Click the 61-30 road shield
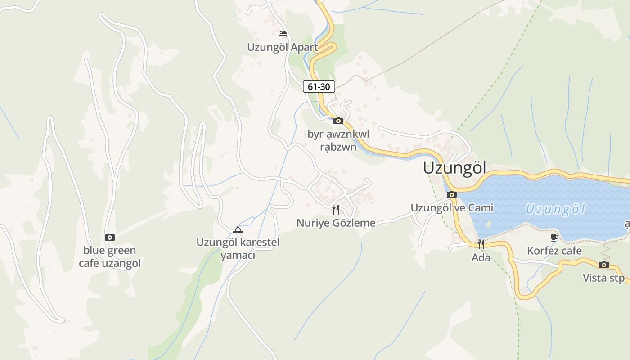click(319, 86)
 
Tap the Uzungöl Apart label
click(282, 47)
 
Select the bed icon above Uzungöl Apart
click(282, 34)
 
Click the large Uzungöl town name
click(454, 168)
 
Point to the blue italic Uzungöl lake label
click(555, 209)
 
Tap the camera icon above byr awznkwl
click(338, 121)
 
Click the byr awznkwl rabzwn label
click(338, 140)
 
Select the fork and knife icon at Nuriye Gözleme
click(335, 209)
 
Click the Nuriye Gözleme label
click(336, 223)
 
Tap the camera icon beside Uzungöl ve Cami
click(452, 195)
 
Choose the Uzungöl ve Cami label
click(452, 208)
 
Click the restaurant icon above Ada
click(481, 244)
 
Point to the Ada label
click(481, 258)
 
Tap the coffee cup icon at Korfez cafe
click(554, 238)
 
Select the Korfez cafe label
click(554, 251)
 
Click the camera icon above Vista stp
click(604, 265)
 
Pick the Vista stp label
click(604, 278)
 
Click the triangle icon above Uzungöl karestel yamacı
click(238, 230)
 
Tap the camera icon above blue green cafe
click(110, 237)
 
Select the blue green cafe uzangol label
click(110, 257)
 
